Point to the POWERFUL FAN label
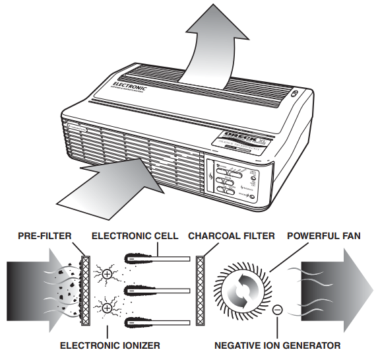point(324,236)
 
